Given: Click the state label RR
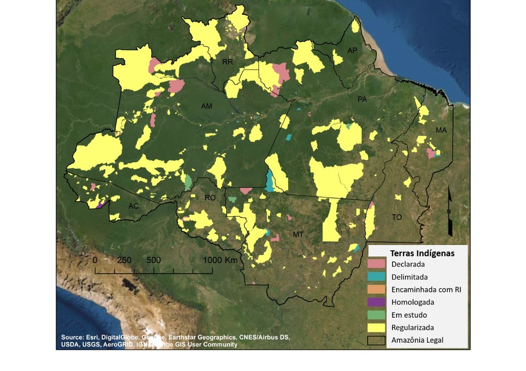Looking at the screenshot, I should pos(228,62).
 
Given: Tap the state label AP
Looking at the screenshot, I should pos(352,50).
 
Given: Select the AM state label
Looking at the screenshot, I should pos(207,106).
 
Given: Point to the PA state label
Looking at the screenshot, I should pos(362,100).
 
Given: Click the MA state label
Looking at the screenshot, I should pos(441,130).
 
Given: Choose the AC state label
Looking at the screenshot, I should pos(134,206).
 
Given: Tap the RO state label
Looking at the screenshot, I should pos(210,198).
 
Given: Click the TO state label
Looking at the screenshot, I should pos(397,217).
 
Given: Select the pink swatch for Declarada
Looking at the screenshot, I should pos(376,264).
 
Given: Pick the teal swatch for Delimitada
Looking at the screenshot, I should pos(376,277).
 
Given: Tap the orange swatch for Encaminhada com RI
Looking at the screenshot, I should pos(376,290).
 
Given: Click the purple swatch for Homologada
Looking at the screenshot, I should pos(376,302).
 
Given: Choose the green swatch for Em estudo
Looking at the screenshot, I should pos(376,315).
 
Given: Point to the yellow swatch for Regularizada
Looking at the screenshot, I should pos(376,327).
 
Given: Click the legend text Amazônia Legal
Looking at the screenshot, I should pos(417,340).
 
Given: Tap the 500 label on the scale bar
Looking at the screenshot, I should pos(154,260).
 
